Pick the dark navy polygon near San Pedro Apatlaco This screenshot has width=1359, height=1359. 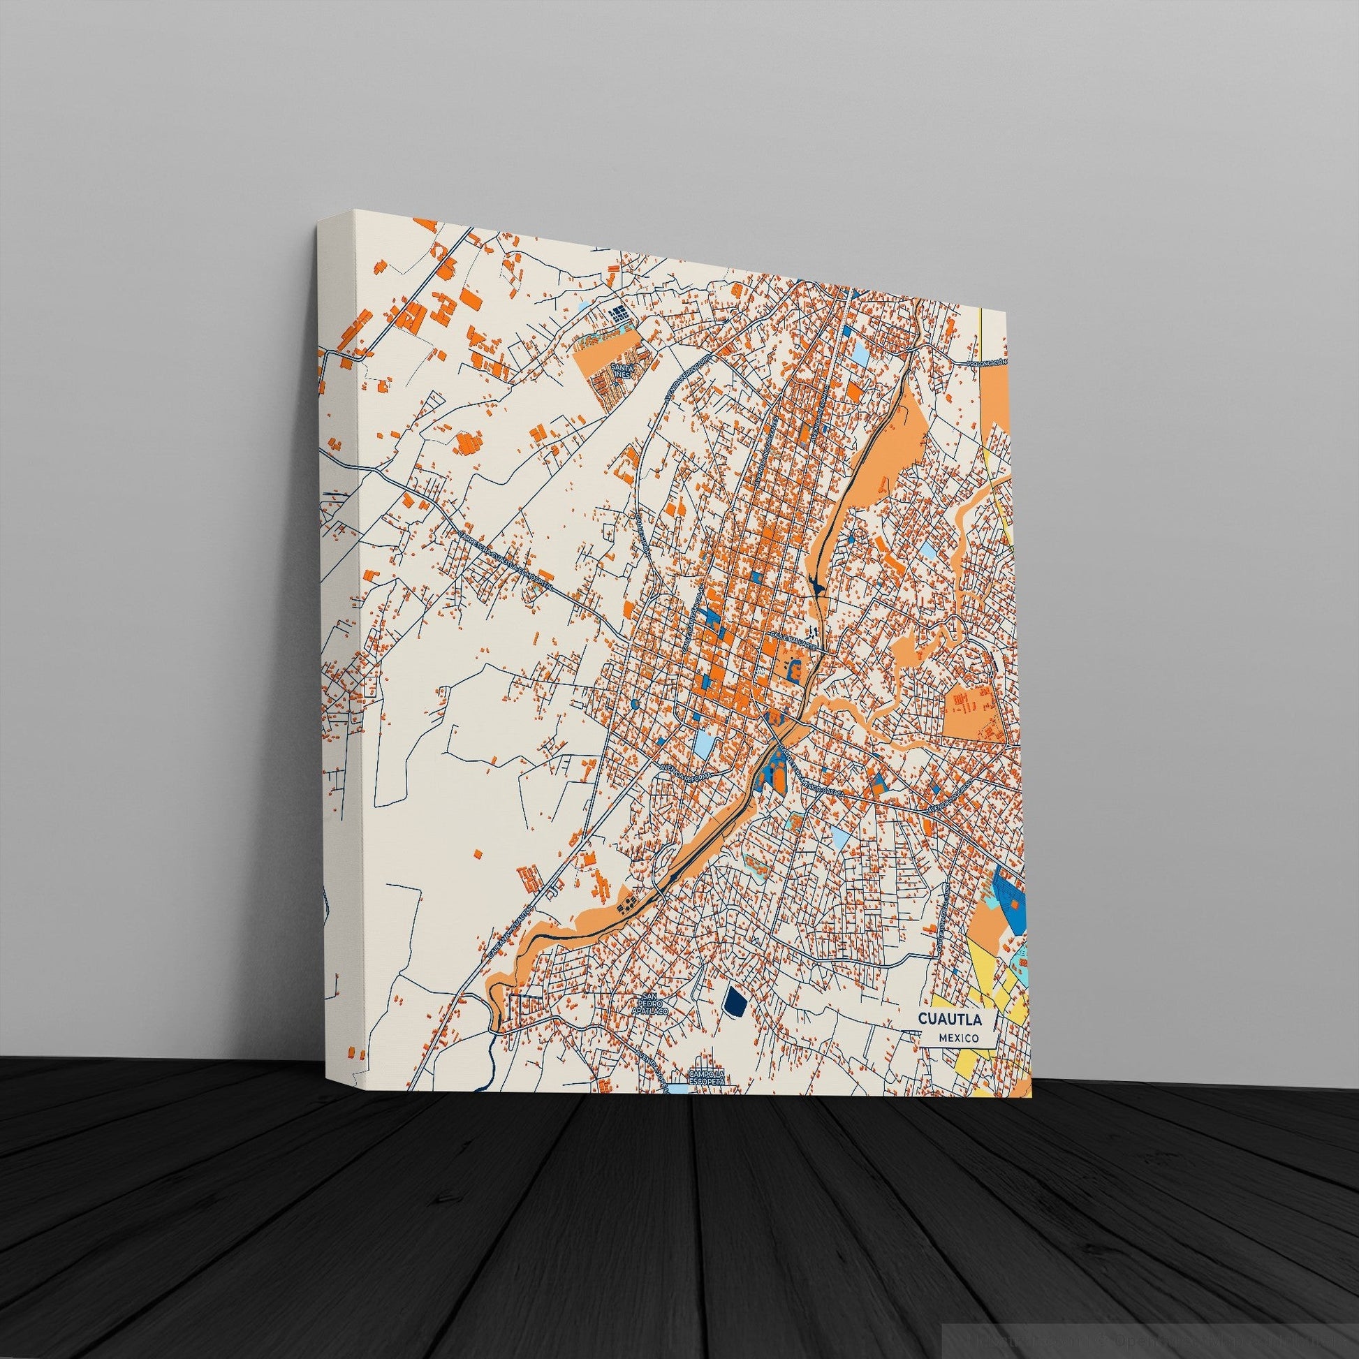click(x=735, y=999)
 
